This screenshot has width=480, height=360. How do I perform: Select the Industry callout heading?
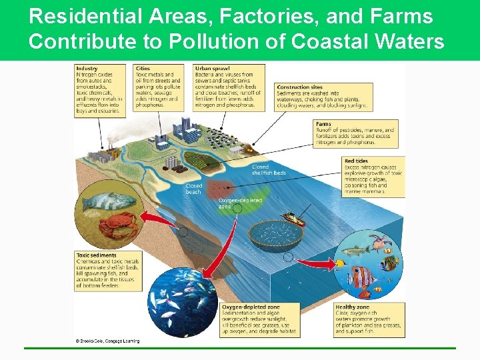point(87,69)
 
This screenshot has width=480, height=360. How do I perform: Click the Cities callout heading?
point(143,69)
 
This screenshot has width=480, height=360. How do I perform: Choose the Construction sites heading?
point(299,87)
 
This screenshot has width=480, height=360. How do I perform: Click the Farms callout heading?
point(323,124)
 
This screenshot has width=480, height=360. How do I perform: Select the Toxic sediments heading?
point(96,255)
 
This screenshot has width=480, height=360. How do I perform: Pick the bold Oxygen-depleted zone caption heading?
point(250,307)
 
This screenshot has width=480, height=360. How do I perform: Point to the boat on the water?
point(293,219)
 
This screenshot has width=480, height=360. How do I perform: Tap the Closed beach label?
point(194,189)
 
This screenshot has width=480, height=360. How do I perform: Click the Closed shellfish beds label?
point(269,170)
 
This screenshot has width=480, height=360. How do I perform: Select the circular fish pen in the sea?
point(275,233)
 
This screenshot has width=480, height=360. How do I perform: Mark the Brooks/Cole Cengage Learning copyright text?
point(107,341)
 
